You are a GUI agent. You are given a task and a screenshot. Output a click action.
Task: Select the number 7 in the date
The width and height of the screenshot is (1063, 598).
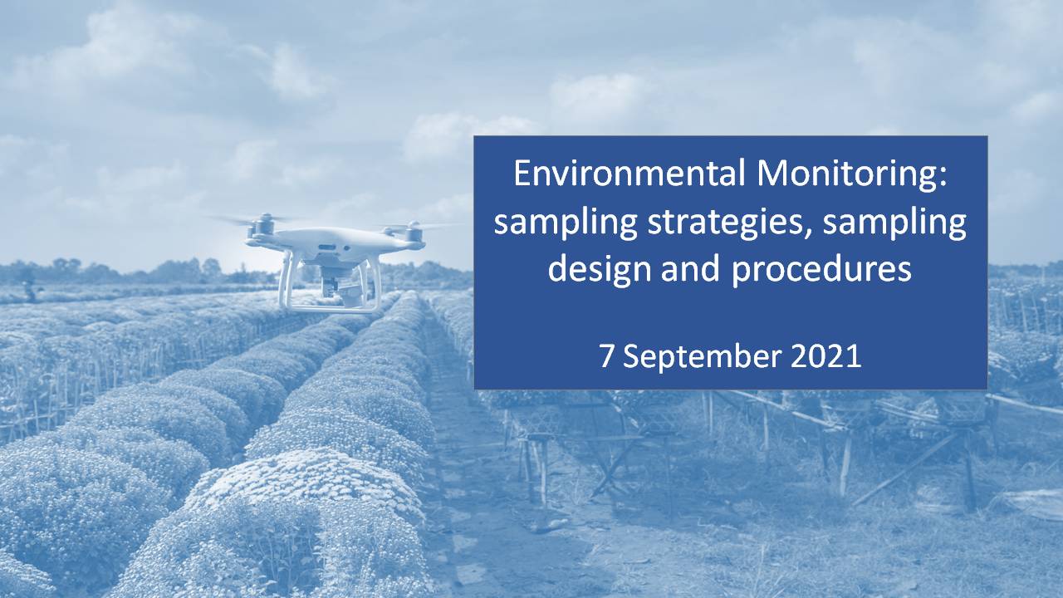click(x=606, y=356)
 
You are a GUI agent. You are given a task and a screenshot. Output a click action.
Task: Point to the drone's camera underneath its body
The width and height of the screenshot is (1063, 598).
click(x=333, y=284)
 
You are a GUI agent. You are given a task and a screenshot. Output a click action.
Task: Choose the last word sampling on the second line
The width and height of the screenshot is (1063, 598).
click(x=894, y=224)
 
